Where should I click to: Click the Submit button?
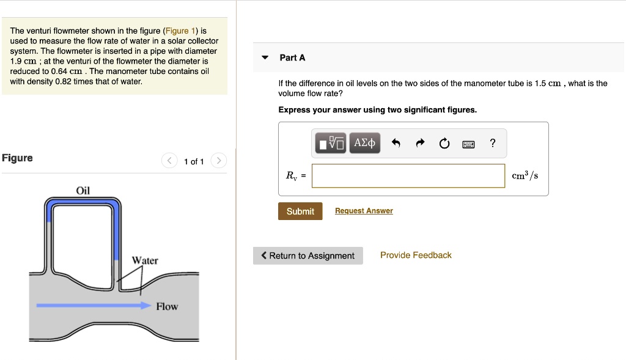[x=300, y=211]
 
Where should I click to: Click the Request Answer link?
[x=364, y=211]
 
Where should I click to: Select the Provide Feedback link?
[x=416, y=255]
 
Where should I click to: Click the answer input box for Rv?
[x=408, y=175]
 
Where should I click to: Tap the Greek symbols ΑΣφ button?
[x=365, y=143]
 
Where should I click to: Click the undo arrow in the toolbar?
[x=396, y=144]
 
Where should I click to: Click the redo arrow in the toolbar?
[x=420, y=144]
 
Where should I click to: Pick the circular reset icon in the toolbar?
[x=444, y=144]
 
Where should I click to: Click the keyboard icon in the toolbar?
[x=468, y=144]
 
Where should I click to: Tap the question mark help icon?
[x=493, y=144]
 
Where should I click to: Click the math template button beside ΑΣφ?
[x=331, y=143]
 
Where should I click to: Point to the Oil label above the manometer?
[x=83, y=191]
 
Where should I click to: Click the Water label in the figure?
[x=145, y=260]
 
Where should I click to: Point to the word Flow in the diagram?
[x=167, y=306]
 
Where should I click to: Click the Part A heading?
[x=292, y=57]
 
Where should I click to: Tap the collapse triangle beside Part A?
[x=265, y=57]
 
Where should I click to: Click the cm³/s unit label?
[x=525, y=175]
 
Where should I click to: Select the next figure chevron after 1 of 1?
[x=218, y=161]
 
